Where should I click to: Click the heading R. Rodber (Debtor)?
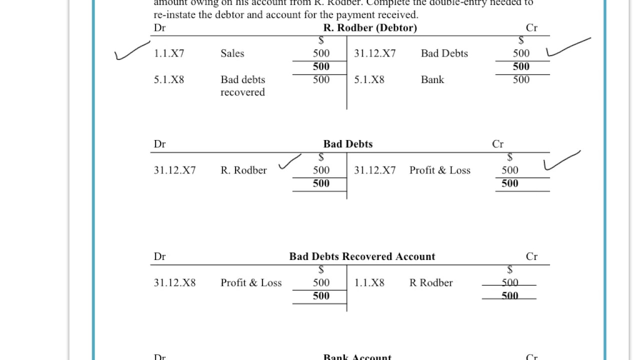click(370, 28)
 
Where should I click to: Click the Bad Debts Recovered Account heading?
click(362, 256)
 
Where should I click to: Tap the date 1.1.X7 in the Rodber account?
click(169, 53)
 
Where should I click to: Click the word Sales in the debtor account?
click(232, 53)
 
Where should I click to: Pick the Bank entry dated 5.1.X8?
click(432, 79)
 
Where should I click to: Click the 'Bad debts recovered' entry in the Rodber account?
click(242, 85)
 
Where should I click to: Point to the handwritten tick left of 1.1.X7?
click(131, 50)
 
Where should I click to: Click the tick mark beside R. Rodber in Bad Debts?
click(289, 161)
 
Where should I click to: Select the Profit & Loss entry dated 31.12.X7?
click(439, 170)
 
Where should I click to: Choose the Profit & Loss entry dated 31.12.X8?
click(251, 283)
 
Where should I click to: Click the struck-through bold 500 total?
click(509, 296)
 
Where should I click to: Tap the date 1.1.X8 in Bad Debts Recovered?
click(369, 283)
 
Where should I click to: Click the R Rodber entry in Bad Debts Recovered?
click(430, 283)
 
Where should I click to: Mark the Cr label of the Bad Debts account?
click(497, 144)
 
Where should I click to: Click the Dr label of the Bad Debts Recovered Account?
click(159, 256)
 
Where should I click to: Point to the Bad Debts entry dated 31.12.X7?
click(444, 53)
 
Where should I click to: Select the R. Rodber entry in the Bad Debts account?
click(243, 170)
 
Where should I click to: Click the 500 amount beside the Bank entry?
click(520, 79)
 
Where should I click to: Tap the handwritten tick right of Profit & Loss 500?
click(561, 159)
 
